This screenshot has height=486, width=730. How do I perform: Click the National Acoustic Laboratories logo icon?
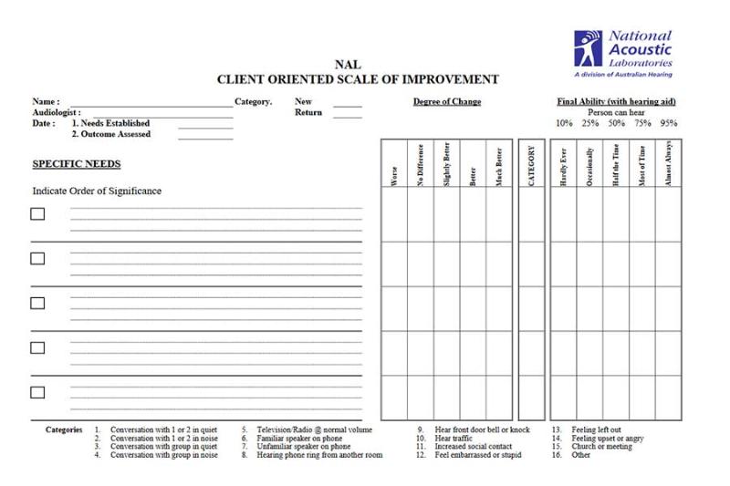(589, 48)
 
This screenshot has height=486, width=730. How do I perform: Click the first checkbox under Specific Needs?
(37, 214)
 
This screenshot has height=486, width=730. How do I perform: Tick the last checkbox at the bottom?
(37, 392)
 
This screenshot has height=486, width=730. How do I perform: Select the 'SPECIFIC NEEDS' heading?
(77, 164)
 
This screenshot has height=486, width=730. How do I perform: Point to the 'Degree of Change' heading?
(447, 102)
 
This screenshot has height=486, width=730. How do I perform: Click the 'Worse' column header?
(394, 176)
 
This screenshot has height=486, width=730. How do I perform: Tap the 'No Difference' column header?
(420, 167)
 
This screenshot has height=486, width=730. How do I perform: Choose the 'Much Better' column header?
(499, 167)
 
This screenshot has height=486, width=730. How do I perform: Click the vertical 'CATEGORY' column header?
(532, 165)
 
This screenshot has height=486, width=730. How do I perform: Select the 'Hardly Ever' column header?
(563, 167)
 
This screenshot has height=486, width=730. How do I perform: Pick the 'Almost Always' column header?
(669, 164)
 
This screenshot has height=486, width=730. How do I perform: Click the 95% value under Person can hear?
(669, 123)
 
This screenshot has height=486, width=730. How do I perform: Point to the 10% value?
(564, 123)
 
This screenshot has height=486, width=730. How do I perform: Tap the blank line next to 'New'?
(348, 106)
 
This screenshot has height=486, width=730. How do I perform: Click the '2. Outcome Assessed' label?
(111, 134)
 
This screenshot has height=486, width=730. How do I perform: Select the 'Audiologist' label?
(57, 112)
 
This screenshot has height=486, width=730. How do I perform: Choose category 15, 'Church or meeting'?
(602, 447)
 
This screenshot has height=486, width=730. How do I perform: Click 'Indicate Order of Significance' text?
(97, 191)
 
